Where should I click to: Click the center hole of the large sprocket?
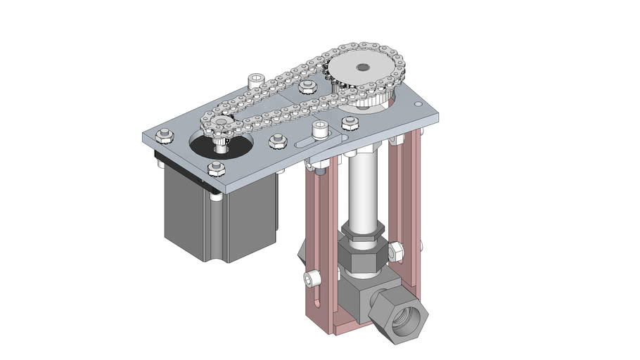click(362, 67)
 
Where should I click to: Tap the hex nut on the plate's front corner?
click(216, 168)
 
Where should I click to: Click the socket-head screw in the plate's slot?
click(321, 129)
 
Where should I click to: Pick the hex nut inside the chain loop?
click(306, 88)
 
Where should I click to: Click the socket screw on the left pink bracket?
click(312, 280)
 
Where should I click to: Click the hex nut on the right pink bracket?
click(395, 250)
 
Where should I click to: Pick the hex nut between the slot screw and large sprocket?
click(350, 124)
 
